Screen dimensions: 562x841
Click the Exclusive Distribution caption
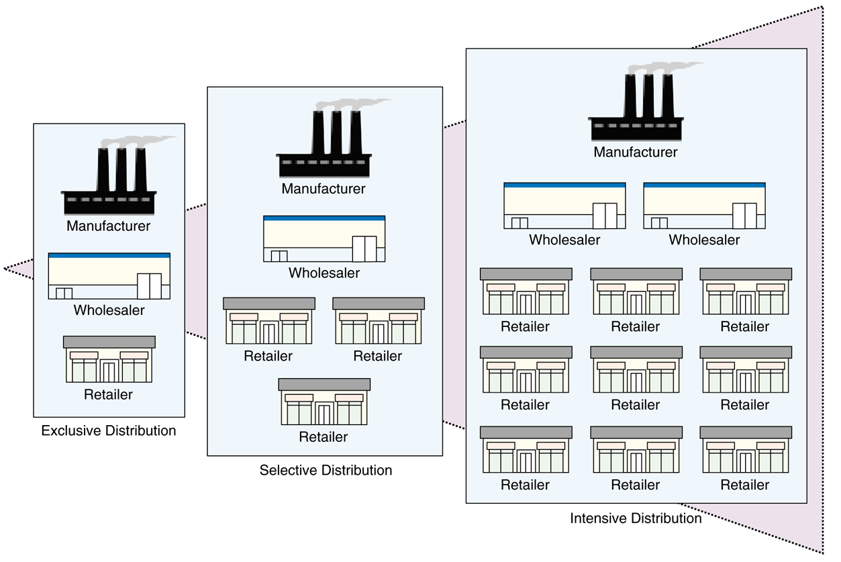[109, 430]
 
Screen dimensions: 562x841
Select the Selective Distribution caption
[326, 470]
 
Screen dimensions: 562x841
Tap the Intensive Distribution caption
[636, 518]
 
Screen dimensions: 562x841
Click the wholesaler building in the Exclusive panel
[109, 276]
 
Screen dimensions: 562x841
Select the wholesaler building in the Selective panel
[324, 239]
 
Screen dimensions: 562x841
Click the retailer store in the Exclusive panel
[109, 360]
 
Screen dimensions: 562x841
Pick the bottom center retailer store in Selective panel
[324, 402]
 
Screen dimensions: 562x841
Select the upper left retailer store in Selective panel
[268, 321]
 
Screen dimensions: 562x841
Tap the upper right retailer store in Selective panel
[379, 321]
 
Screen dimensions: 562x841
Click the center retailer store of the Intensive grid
[636, 370]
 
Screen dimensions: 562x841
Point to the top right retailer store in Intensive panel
[746, 291]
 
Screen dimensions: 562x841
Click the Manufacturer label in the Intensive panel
[636, 152]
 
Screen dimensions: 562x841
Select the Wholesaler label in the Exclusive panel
[109, 310]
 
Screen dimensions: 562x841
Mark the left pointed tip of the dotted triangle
[5, 269]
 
